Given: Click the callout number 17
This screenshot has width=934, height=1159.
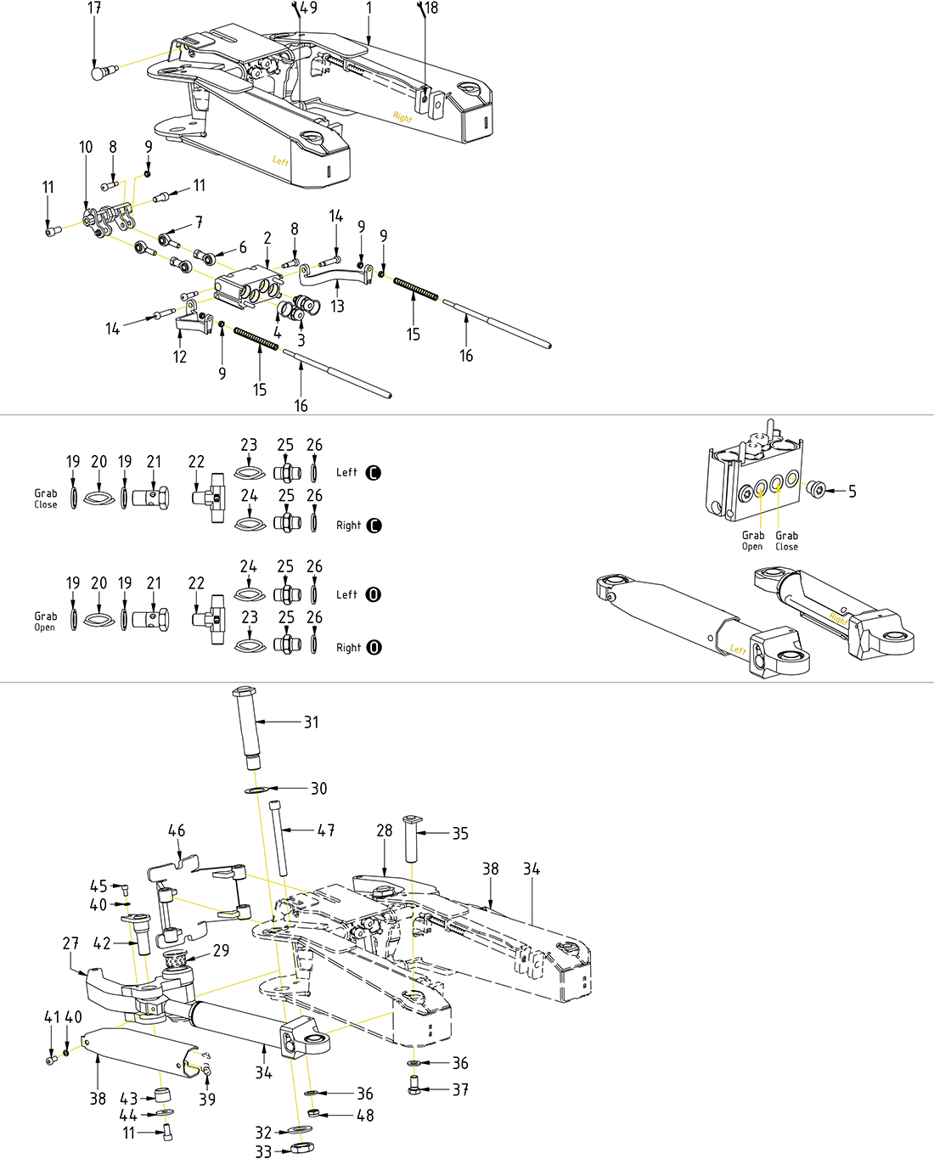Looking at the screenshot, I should [x=94, y=8].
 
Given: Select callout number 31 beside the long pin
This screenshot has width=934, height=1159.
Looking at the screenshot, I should [x=312, y=723].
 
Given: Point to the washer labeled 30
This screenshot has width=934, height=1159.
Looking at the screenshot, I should [x=254, y=790].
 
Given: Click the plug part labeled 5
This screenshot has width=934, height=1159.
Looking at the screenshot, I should [x=815, y=490].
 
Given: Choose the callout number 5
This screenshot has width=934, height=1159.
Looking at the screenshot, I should [x=852, y=492].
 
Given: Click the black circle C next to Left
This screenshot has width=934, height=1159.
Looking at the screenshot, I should [x=374, y=473].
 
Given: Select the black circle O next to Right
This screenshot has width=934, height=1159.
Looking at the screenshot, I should [x=374, y=647].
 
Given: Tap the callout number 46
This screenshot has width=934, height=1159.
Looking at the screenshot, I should [x=177, y=830].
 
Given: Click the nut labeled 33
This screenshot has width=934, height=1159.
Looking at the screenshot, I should [x=301, y=1149].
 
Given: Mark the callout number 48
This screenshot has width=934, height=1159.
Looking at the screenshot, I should [x=365, y=1116].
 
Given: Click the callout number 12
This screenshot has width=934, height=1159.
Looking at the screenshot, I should [x=180, y=357].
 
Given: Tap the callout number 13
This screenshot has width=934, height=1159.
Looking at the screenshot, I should [x=337, y=307].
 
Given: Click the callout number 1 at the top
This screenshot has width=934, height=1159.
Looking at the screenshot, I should [x=369, y=8].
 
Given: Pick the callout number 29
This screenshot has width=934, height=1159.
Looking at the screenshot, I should [x=221, y=950].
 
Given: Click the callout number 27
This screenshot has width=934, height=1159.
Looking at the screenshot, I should [x=70, y=943].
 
